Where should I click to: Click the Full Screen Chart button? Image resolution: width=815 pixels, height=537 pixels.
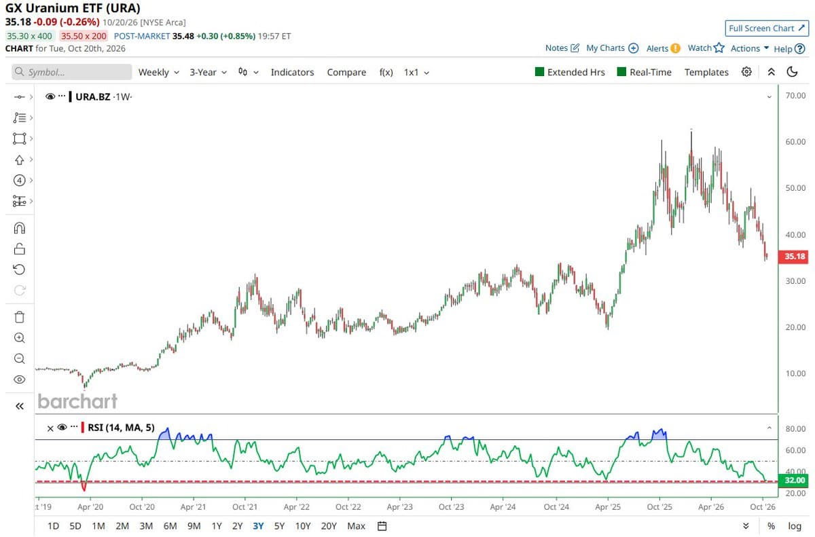[767, 29]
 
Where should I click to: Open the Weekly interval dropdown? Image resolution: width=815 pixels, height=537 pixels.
[159, 73]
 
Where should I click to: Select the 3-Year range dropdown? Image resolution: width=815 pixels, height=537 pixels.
[208, 73]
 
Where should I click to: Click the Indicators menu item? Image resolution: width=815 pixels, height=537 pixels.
[292, 73]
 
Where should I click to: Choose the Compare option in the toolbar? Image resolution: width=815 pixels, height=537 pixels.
[346, 73]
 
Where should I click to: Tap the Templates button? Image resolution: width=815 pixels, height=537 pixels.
[706, 73]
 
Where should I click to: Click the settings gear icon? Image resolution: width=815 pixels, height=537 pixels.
[746, 72]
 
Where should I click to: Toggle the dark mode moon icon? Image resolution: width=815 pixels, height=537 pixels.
[792, 72]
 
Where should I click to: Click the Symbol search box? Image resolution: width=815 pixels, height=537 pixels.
[72, 72]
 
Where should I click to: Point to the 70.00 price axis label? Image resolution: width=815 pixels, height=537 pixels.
[795, 96]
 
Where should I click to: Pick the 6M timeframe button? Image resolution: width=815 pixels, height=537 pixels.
[170, 526]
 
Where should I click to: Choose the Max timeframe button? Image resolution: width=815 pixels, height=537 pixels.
[356, 526]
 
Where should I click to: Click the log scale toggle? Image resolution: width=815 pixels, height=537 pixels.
[795, 526]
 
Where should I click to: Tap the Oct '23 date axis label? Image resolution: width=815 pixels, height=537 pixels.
[451, 507]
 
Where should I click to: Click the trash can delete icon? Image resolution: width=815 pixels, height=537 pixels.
[20, 317]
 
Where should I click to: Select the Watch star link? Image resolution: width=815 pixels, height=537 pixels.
[706, 48]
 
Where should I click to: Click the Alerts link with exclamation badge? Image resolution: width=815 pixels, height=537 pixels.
[663, 48]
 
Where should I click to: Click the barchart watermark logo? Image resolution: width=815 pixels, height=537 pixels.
[77, 401]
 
